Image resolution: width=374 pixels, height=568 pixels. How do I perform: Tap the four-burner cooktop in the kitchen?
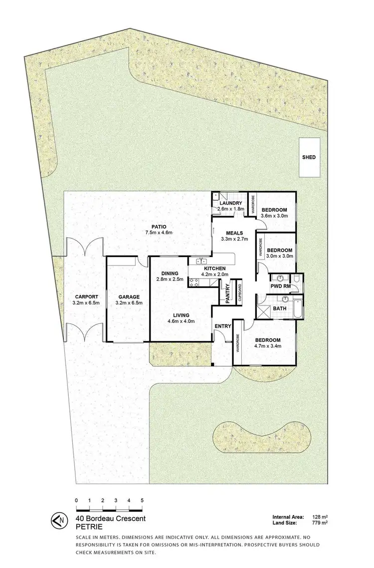[193, 283]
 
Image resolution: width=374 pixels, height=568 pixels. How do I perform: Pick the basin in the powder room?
[280, 278]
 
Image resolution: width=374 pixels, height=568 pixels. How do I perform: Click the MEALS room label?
[234, 232]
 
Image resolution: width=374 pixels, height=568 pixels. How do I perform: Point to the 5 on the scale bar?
[142, 500]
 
